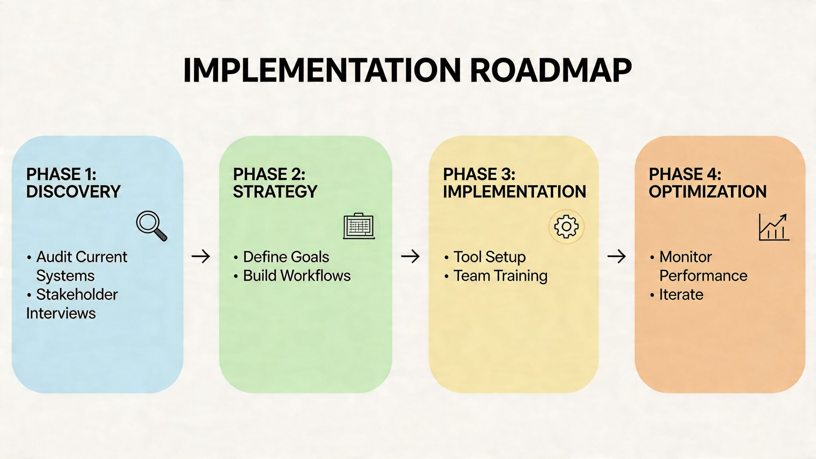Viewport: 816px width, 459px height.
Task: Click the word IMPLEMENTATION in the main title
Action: pos(322,71)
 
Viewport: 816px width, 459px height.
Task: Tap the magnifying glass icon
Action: pos(151,225)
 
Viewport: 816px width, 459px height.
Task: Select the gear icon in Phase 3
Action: pos(566,227)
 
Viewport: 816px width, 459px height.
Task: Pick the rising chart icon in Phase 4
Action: pos(774,227)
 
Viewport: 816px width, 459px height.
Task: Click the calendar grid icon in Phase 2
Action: pos(359,226)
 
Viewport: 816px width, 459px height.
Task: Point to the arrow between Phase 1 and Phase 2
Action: pos(201,256)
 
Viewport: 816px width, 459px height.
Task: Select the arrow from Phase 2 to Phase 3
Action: pos(410,256)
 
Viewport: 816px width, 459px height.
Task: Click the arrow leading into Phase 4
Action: pos(616,256)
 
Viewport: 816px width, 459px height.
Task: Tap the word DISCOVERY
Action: pos(73,192)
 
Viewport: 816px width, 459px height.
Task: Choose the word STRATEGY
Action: pos(275,192)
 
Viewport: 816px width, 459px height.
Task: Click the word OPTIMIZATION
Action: pos(708,192)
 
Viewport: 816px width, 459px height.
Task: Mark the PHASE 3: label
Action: pos(479,174)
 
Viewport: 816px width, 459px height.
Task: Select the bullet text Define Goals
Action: pos(286,257)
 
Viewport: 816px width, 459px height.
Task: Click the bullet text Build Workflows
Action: pos(297,276)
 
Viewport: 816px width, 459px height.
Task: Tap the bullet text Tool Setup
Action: pos(490,257)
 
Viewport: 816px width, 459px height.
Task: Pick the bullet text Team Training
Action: pos(500,276)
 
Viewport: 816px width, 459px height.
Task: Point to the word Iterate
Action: pos(681,295)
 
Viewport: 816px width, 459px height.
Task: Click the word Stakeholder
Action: pos(77,295)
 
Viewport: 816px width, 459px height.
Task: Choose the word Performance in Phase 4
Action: pos(703,276)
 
